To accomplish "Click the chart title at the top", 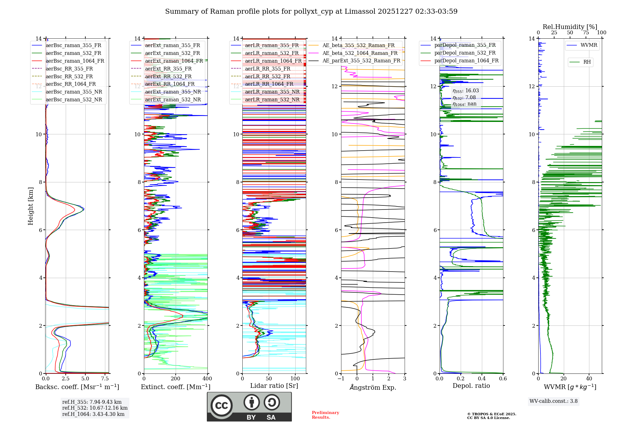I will coord(311,12).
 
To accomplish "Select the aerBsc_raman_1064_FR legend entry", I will coord(75,61).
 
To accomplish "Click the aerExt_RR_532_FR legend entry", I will coord(168,77).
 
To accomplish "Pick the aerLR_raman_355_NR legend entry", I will coord(272,92).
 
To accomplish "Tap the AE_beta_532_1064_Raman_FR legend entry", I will coord(360,53).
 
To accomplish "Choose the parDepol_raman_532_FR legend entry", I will coord(465,53).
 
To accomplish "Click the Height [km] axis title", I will coord(31,206).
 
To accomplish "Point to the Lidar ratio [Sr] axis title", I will coord(274,386).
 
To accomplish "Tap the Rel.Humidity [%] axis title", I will coord(570,27).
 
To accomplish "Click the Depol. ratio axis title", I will coord(471,386).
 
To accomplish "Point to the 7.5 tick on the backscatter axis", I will coord(105,379).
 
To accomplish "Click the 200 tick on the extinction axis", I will coord(176,379).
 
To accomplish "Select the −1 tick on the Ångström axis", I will coord(341,379).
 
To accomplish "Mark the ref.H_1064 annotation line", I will coord(93,414).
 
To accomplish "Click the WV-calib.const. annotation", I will coord(554,401).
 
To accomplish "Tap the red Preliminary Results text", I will coord(325,415).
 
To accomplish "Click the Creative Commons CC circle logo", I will coord(221,406).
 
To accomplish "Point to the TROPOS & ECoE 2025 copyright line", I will coord(492,414).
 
